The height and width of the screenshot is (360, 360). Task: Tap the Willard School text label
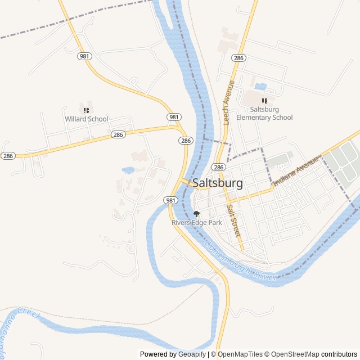(x=86, y=119)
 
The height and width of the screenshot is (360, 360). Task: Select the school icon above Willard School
(x=86, y=110)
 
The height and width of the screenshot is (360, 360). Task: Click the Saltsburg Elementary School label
(x=264, y=114)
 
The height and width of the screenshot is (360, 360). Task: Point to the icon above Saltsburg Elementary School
(x=264, y=101)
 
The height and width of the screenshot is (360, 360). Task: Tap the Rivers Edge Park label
(x=197, y=223)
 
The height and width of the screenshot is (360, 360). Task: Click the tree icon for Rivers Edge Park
(x=196, y=214)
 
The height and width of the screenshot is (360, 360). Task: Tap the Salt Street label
(x=233, y=219)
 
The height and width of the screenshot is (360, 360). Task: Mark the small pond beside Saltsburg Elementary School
(x=260, y=87)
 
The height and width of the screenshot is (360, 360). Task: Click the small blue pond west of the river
(x=128, y=169)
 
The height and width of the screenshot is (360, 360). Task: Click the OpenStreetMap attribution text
(x=292, y=354)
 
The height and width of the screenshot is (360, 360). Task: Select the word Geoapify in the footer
(x=192, y=354)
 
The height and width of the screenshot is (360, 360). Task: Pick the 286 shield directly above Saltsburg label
(x=218, y=168)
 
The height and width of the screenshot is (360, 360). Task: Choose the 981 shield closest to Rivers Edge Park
(x=171, y=200)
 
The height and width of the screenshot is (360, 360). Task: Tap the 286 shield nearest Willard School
(x=118, y=135)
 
